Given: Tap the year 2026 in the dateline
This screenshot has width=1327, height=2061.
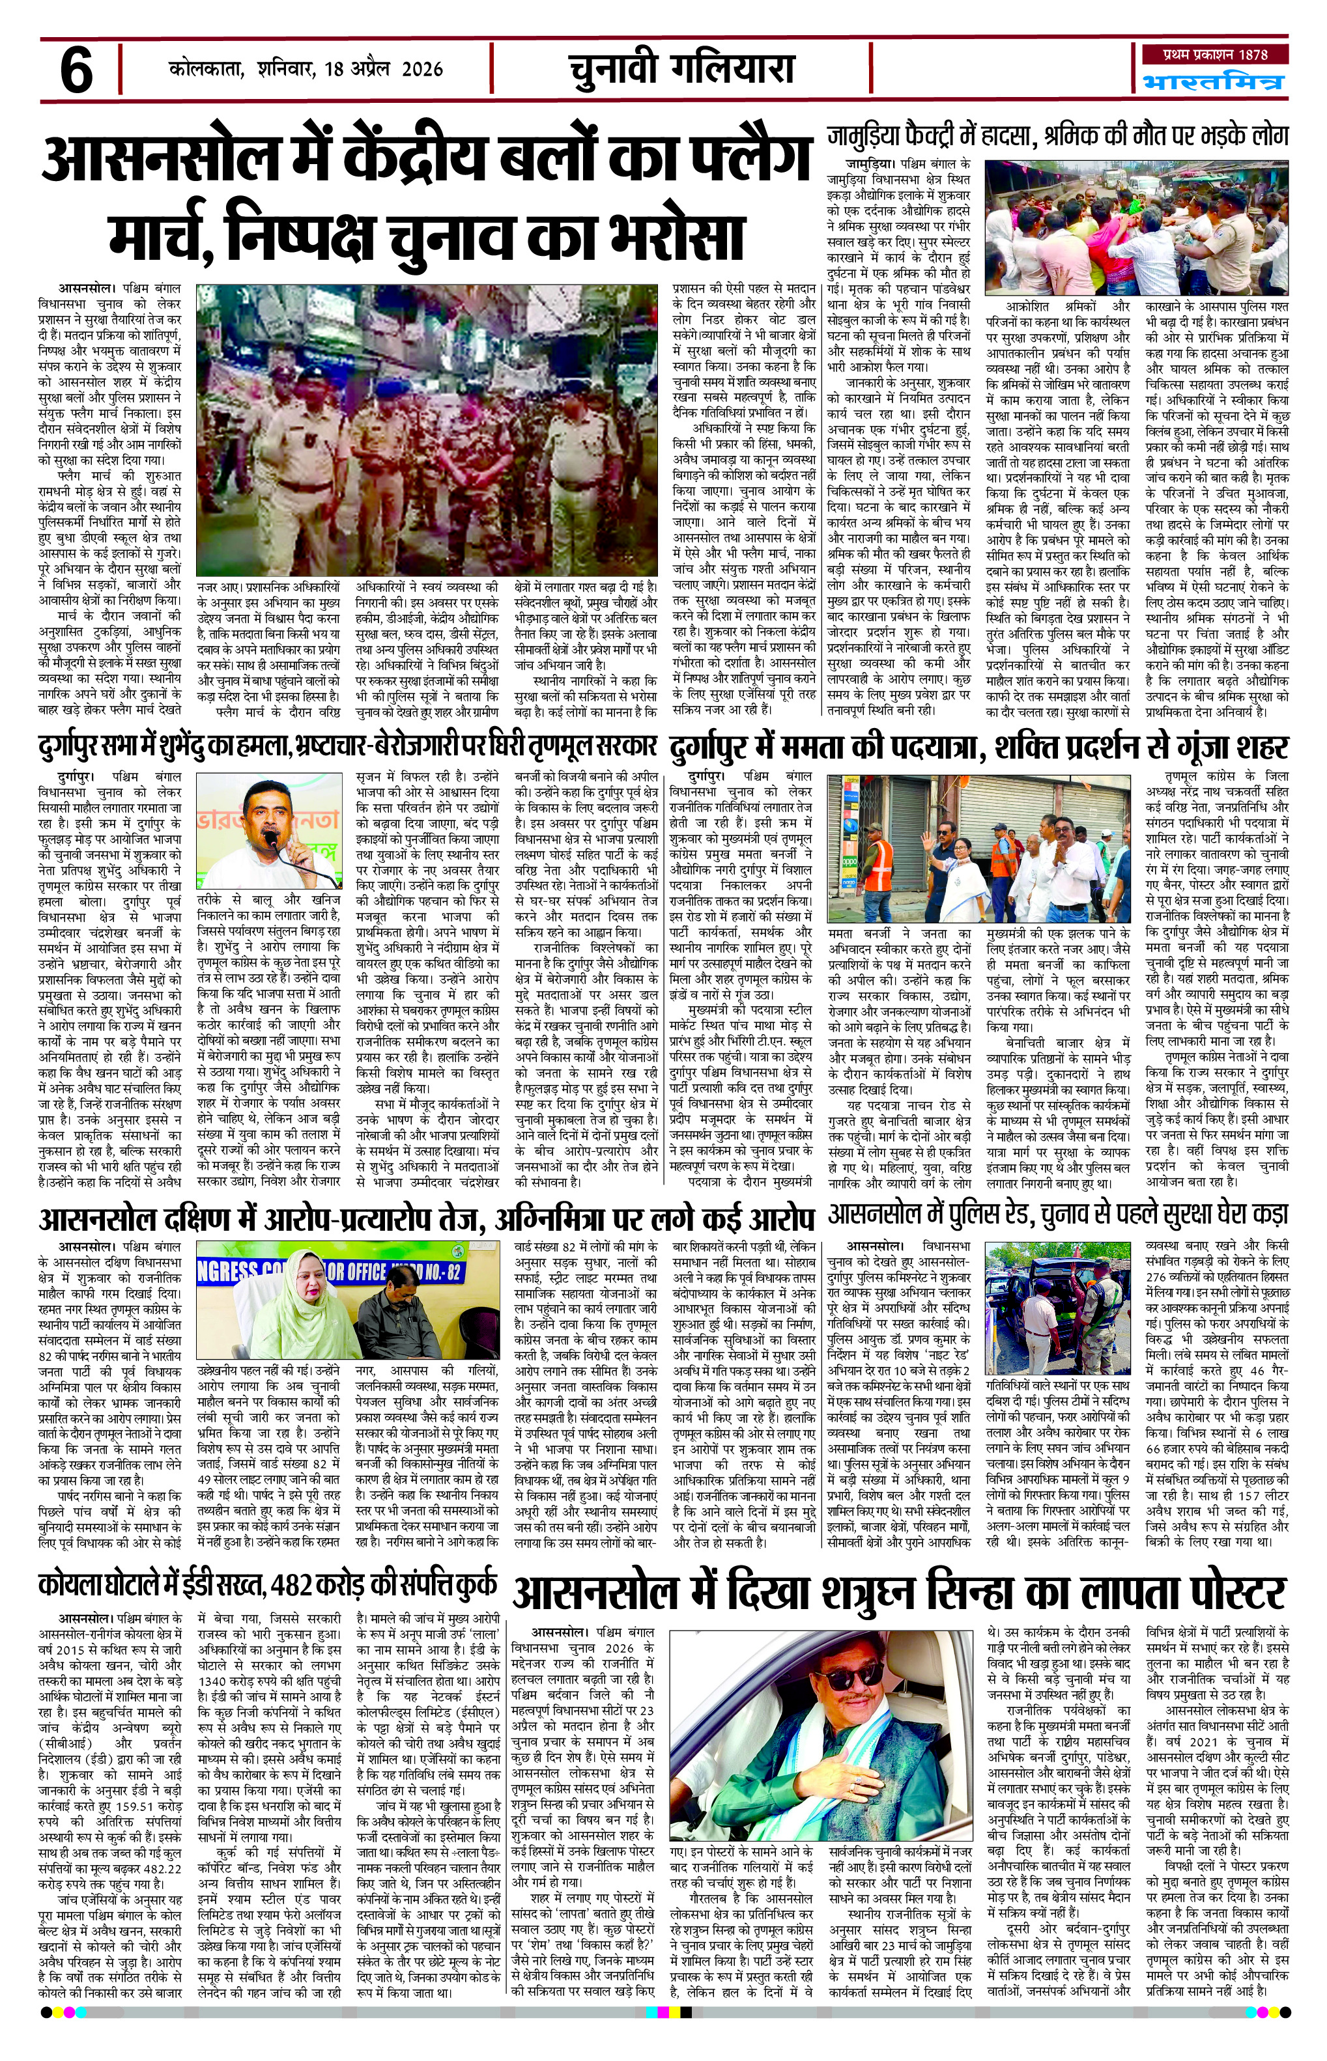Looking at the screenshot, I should [x=420, y=69].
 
